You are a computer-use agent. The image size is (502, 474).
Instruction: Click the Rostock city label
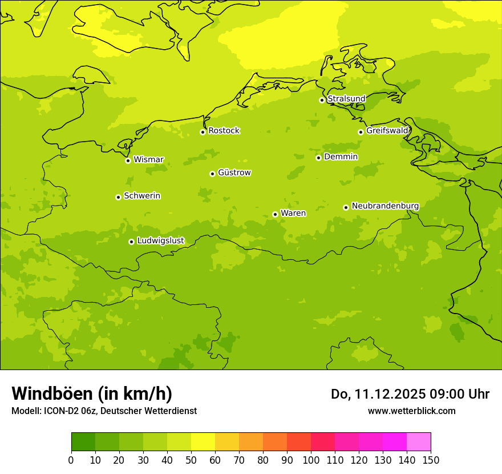(x=224, y=131)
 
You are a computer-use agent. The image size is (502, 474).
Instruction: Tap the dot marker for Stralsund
(x=322, y=100)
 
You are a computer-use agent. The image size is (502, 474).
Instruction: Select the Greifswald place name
(x=387, y=131)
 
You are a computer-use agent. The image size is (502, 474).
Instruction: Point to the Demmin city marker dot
(x=318, y=158)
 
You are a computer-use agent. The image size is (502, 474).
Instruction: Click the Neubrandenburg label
(x=385, y=206)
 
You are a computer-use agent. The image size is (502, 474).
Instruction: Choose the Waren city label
(x=293, y=214)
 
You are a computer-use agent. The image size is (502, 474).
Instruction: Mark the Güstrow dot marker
(x=212, y=174)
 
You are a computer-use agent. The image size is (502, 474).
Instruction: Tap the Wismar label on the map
(x=148, y=160)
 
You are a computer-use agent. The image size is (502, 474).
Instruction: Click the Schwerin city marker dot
(x=118, y=197)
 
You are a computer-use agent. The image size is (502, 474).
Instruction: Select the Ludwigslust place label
(x=160, y=241)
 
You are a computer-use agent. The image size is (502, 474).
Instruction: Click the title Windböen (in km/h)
(x=92, y=393)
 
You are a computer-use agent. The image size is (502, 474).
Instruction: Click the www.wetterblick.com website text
(x=411, y=411)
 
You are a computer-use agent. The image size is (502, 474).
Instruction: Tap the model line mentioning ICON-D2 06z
(x=104, y=411)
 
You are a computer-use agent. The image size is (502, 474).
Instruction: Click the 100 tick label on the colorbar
(x=311, y=460)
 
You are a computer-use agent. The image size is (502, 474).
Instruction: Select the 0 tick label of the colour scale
(x=71, y=460)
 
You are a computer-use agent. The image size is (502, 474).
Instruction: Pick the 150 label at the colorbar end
(x=431, y=460)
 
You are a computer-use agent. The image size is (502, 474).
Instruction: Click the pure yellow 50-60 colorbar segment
(x=203, y=442)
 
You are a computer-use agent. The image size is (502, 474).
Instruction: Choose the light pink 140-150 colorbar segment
(x=419, y=442)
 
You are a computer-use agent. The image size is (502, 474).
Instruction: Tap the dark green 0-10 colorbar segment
(x=83, y=442)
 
